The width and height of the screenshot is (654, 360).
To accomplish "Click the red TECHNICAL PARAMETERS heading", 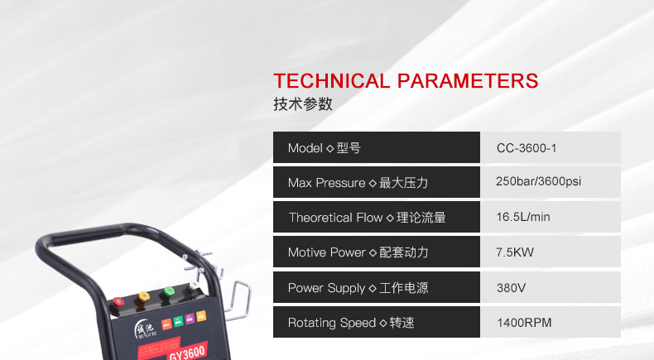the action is [406, 81].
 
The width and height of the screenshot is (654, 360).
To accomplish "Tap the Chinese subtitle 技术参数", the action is [303, 104].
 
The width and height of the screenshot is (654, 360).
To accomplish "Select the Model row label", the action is [324, 148].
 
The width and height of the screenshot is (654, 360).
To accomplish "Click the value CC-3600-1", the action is [527, 148].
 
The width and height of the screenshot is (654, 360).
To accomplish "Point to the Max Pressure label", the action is [358, 183].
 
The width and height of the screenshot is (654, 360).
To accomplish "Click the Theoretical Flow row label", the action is [368, 218].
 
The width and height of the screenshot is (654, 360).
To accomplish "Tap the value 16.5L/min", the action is [523, 217].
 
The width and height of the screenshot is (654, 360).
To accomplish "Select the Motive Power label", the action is [358, 252].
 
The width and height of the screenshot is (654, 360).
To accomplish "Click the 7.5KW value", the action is [515, 252].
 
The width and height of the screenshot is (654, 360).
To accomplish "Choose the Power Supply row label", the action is [358, 288].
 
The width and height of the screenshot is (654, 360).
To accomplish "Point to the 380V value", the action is [511, 288].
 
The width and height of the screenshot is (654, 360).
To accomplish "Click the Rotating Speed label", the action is [351, 323].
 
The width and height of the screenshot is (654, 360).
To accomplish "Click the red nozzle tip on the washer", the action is [118, 301].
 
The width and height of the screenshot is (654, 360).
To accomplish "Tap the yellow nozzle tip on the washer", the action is [143, 296].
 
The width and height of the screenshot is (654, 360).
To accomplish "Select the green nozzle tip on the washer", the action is [169, 290].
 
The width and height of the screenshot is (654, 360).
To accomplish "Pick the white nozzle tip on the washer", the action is [193, 286].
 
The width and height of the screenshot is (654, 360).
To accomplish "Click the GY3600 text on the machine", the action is [187, 353].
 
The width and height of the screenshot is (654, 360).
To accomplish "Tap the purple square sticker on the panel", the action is [190, 319].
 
